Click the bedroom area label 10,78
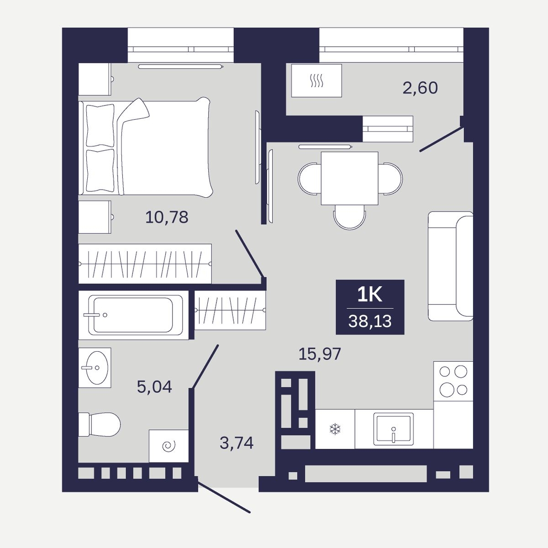click(167, 217)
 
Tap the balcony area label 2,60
click(420, 88)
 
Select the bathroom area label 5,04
click(154, 387)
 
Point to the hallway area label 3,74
click(236, 443)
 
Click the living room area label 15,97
click(319, 354)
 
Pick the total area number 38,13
click(370, 321)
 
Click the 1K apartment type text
click(370, 295)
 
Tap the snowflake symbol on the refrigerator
click(335, 429)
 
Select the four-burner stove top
click(453, 381)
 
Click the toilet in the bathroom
click(99, 424)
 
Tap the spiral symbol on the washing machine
click(169, 446)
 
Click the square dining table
click(349, 178)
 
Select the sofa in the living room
click(451, 266)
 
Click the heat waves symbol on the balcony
click(316, 80)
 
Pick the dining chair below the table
click(349, 217)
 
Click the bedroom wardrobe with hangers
click(145, 263)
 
